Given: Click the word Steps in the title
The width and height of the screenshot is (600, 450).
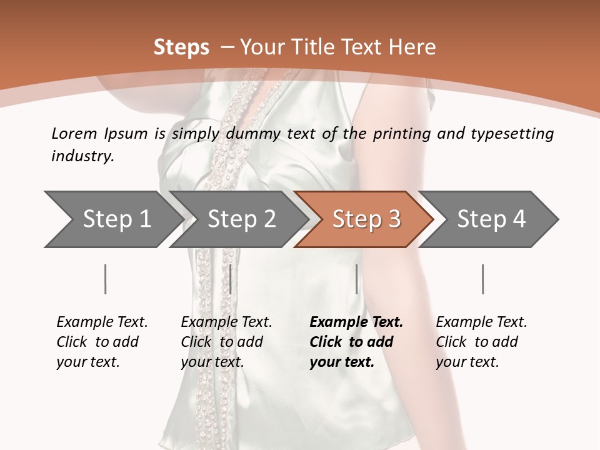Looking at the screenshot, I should click(x=181, y=47).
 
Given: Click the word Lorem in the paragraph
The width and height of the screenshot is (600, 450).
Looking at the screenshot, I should click(x=74, y=133).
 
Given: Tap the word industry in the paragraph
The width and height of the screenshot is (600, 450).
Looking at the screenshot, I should click(x=82, y=156).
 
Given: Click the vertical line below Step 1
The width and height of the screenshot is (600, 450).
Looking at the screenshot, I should click(x=106, y=279).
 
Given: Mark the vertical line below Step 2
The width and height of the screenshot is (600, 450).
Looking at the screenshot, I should click(x=231, y=279).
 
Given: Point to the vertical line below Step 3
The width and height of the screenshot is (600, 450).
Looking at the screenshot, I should click(x=356, y=279).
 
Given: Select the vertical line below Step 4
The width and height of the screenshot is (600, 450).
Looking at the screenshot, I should click(x=483, y=279).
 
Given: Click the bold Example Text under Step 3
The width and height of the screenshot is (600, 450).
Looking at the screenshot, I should click(x=356, y=322).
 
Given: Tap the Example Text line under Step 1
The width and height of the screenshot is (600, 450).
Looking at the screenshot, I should click(x=102, y=322).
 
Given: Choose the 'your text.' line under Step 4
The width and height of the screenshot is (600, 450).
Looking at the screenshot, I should click(x=467, y=362).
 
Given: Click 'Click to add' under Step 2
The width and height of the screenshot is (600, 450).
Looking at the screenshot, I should click(x=222, y=342).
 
